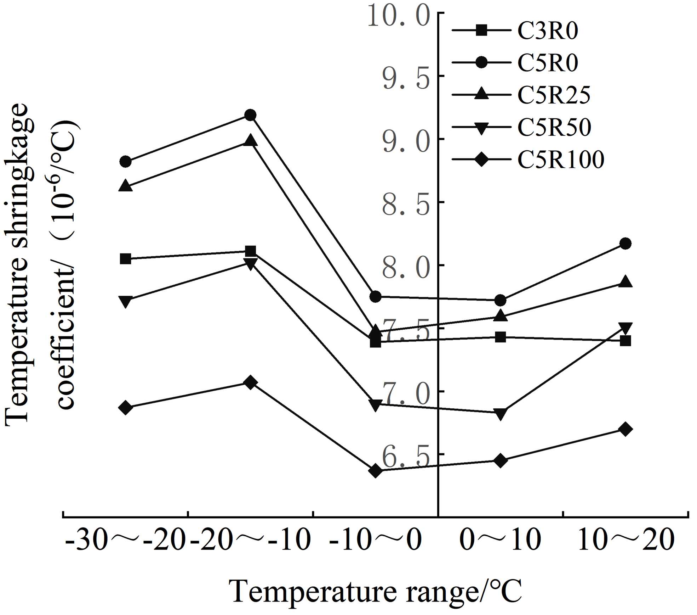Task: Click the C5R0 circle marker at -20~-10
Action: coord(250,115)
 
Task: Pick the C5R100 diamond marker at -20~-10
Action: coord(250,382)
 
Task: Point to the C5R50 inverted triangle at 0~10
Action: coord(500,413)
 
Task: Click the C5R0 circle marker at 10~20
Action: coord(625,244)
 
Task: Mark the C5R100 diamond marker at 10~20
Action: coord(625,429)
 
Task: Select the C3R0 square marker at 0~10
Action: coord(500,337)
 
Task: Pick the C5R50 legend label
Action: coord(554,127)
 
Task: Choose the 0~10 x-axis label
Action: coord(500,541)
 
